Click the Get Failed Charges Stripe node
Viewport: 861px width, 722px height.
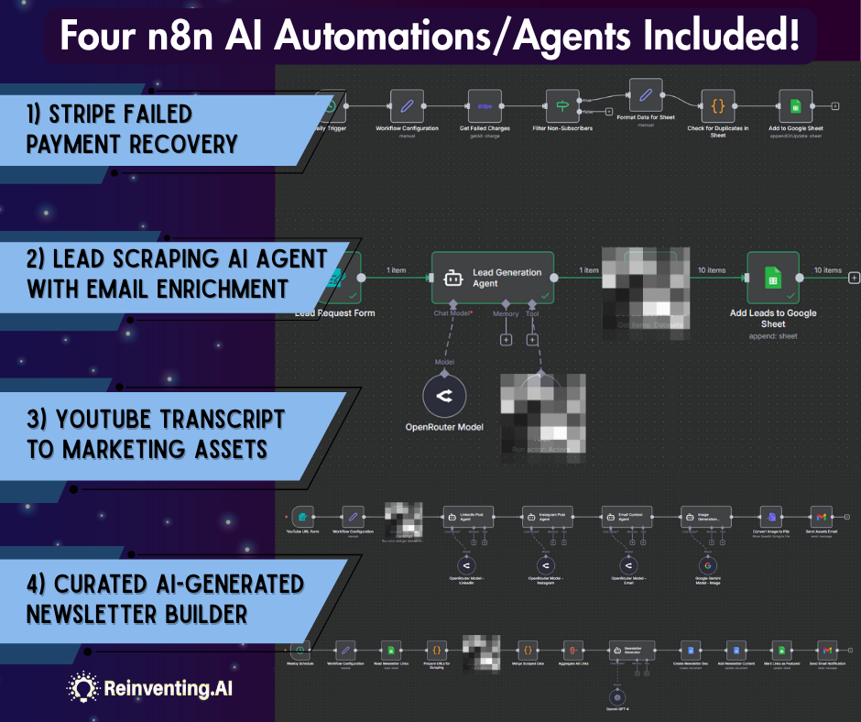tap(485, 105)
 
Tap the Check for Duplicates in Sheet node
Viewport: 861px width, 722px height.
tap(718, 105)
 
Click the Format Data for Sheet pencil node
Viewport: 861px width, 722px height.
tap(646, 94)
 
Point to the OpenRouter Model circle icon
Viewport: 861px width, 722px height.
tap(444, 396)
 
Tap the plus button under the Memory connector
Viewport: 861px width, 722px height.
tap(505, 340)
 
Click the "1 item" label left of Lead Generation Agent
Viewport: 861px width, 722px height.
tap(397, 270)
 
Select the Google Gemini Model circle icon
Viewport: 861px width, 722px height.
tap(705, 564)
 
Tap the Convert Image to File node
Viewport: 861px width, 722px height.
tap(772, 518)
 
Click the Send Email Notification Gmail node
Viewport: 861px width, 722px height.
tap(828, 650)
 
